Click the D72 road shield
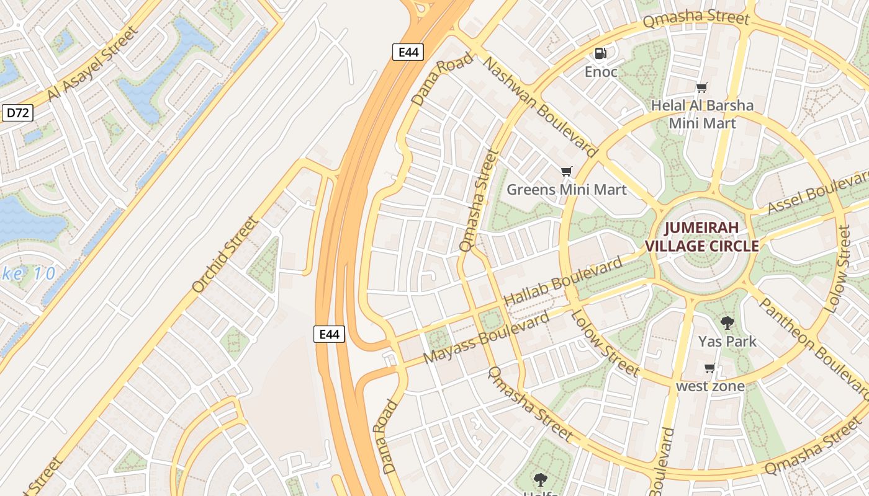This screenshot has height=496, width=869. click(17, 113)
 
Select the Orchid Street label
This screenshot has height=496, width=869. click(225, 254)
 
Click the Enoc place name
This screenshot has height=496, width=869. click(601, 72)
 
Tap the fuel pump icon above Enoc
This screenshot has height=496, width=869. click(601, 53)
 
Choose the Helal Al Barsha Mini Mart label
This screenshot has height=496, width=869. click(702, 114)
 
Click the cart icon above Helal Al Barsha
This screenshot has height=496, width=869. click(702, 87)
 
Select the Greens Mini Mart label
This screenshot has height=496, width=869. click(567, 189)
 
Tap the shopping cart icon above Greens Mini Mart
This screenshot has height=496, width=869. click(566, 171)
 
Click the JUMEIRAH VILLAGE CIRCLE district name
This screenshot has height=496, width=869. click(702, 237)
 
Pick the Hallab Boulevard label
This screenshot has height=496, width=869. click(563, 281)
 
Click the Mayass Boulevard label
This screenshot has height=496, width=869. click(486, 339)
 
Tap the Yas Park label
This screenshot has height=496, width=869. click(727, 342)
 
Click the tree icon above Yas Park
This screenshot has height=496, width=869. click(727, 323)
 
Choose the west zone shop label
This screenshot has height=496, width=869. click(709, 386)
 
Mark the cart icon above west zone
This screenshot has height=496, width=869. click(710, 368)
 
